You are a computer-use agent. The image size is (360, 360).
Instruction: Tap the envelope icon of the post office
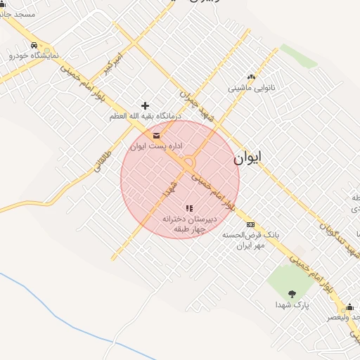pyautogui.click(x=155, y=136)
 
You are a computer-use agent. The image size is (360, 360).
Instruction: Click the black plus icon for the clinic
pyautogui.click(x=146, y=105)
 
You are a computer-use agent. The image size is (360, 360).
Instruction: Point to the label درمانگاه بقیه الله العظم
pyautogui.click(x=145, y=115)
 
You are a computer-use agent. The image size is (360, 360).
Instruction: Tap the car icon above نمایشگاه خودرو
pyautogui.click(x=34, y=45)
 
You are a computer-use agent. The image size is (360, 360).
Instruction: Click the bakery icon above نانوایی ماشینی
pyautogui.click(x=250, y=78)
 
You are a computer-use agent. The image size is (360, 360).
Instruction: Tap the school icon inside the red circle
pyautogui.click(x=188, y=208)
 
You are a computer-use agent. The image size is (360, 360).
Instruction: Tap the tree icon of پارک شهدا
pyautogui.click(x=292, y=294)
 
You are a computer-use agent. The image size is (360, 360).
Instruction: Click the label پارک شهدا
pyautogui.click(x=292, y=305)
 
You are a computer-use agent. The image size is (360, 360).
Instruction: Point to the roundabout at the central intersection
pyautogui.click(x=188, y=163)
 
